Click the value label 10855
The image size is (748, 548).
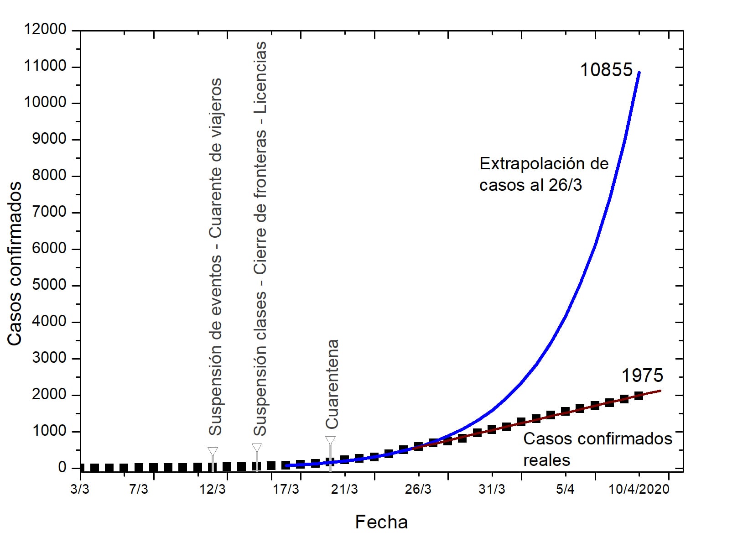pyautogui.click(x=606, y=70)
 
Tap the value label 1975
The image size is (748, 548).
pyautogui.click(x=642, y=376)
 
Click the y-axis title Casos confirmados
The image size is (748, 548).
pyautogui.click(x=15, y=263)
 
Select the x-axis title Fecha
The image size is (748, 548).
pyautogui.click(x=381, y=522)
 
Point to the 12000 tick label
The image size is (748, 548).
pyautogui.click(x=45, y=30)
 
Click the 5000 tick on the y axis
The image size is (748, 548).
pyautogui.click(x=49, y=285)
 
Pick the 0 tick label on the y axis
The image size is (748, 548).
pyautogui.click(x=62, y=468)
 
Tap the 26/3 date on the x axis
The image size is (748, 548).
pyautogui.click(x=418, y=490)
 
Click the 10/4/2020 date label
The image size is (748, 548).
pyautogui.click(x=639, y=490)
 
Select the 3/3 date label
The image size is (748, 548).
pyautogui.click(x=80, y=490)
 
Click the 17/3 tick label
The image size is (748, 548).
pyautogui.click(x=286, y=490)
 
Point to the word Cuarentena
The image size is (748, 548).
pyautogui.click(x=332, y=384)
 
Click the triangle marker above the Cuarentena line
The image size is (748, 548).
pyautogui.click(x=330, y=441)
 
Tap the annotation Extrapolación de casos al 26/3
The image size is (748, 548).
pyautogui.click(x=544, y=174)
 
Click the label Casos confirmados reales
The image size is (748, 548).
pyautogui.click(x=597, y=449)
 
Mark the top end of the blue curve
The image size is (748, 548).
pyautogui.click(x=639, y=73)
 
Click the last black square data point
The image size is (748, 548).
pyautogui.click(x=639, y=396)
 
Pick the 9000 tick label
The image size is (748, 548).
pyautogui.click(x=49, y=139)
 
